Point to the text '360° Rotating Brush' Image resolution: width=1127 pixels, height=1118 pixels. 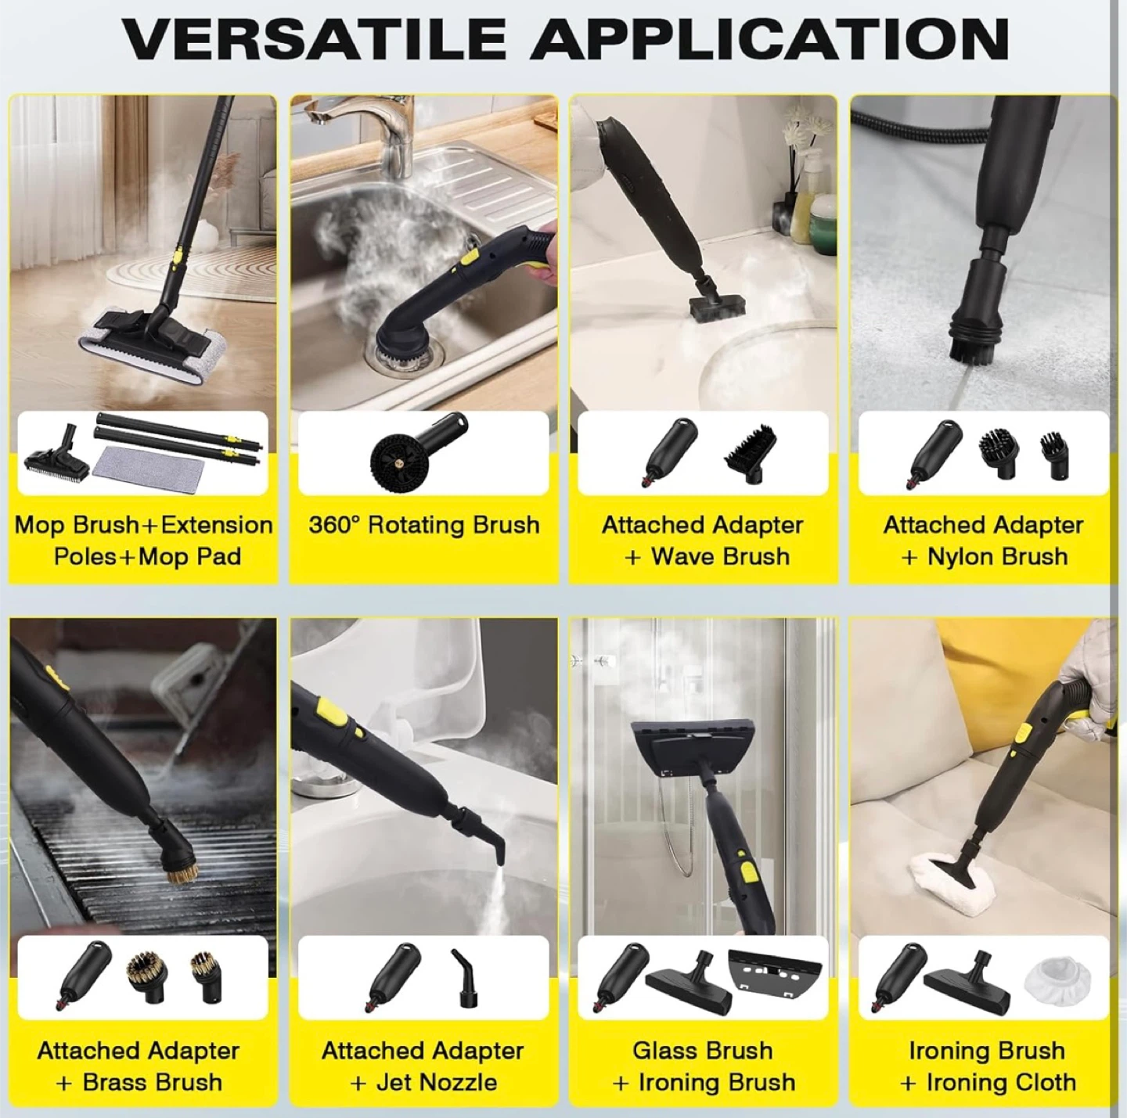click(424, 524)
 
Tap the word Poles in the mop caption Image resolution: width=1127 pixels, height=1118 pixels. click(84, 556)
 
